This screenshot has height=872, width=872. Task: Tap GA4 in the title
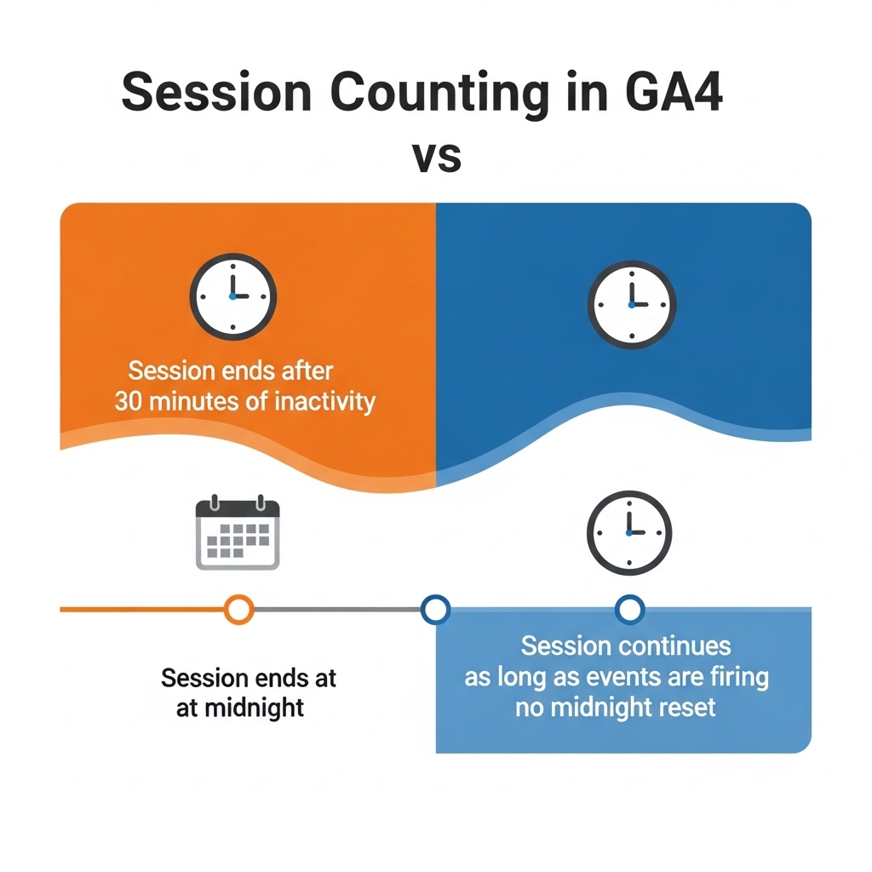coord(674,92)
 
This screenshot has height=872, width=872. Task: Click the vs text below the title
coord(437,158)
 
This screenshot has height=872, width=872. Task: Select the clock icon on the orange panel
coord(233,296)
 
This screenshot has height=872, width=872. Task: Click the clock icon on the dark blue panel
coord(632,305)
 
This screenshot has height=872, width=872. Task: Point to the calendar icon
coord(238,532)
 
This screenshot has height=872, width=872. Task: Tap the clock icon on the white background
coord(629,532)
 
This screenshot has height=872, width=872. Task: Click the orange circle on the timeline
coord(239,610)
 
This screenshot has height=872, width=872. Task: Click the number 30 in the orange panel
coord(129,402)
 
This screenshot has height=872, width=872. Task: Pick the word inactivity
coord(325,402)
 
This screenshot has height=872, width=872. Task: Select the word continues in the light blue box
coord(674,646)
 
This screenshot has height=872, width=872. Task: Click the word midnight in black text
coord(254,708)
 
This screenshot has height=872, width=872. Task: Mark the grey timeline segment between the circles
coord(337,610)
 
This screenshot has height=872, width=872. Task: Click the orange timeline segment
coord(142,610)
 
